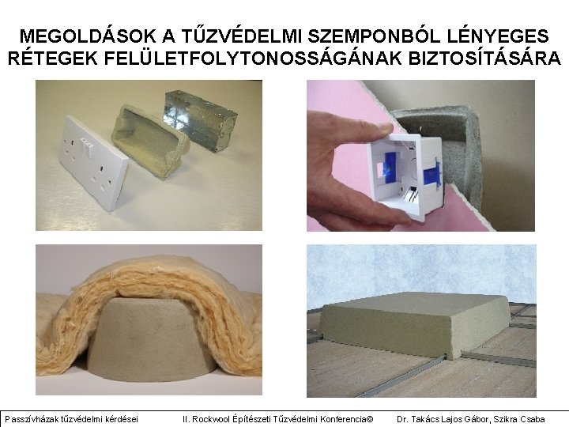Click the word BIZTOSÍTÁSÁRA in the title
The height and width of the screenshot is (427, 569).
point(484,58)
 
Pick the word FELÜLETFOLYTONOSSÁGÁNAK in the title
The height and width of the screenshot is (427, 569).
point(253,58)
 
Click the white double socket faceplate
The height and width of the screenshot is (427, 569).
point(92,164)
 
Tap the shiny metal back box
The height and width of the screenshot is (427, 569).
point(201,120)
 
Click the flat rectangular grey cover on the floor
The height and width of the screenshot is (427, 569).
point(416,323)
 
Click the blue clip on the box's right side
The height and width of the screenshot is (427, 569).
point(433,173)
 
